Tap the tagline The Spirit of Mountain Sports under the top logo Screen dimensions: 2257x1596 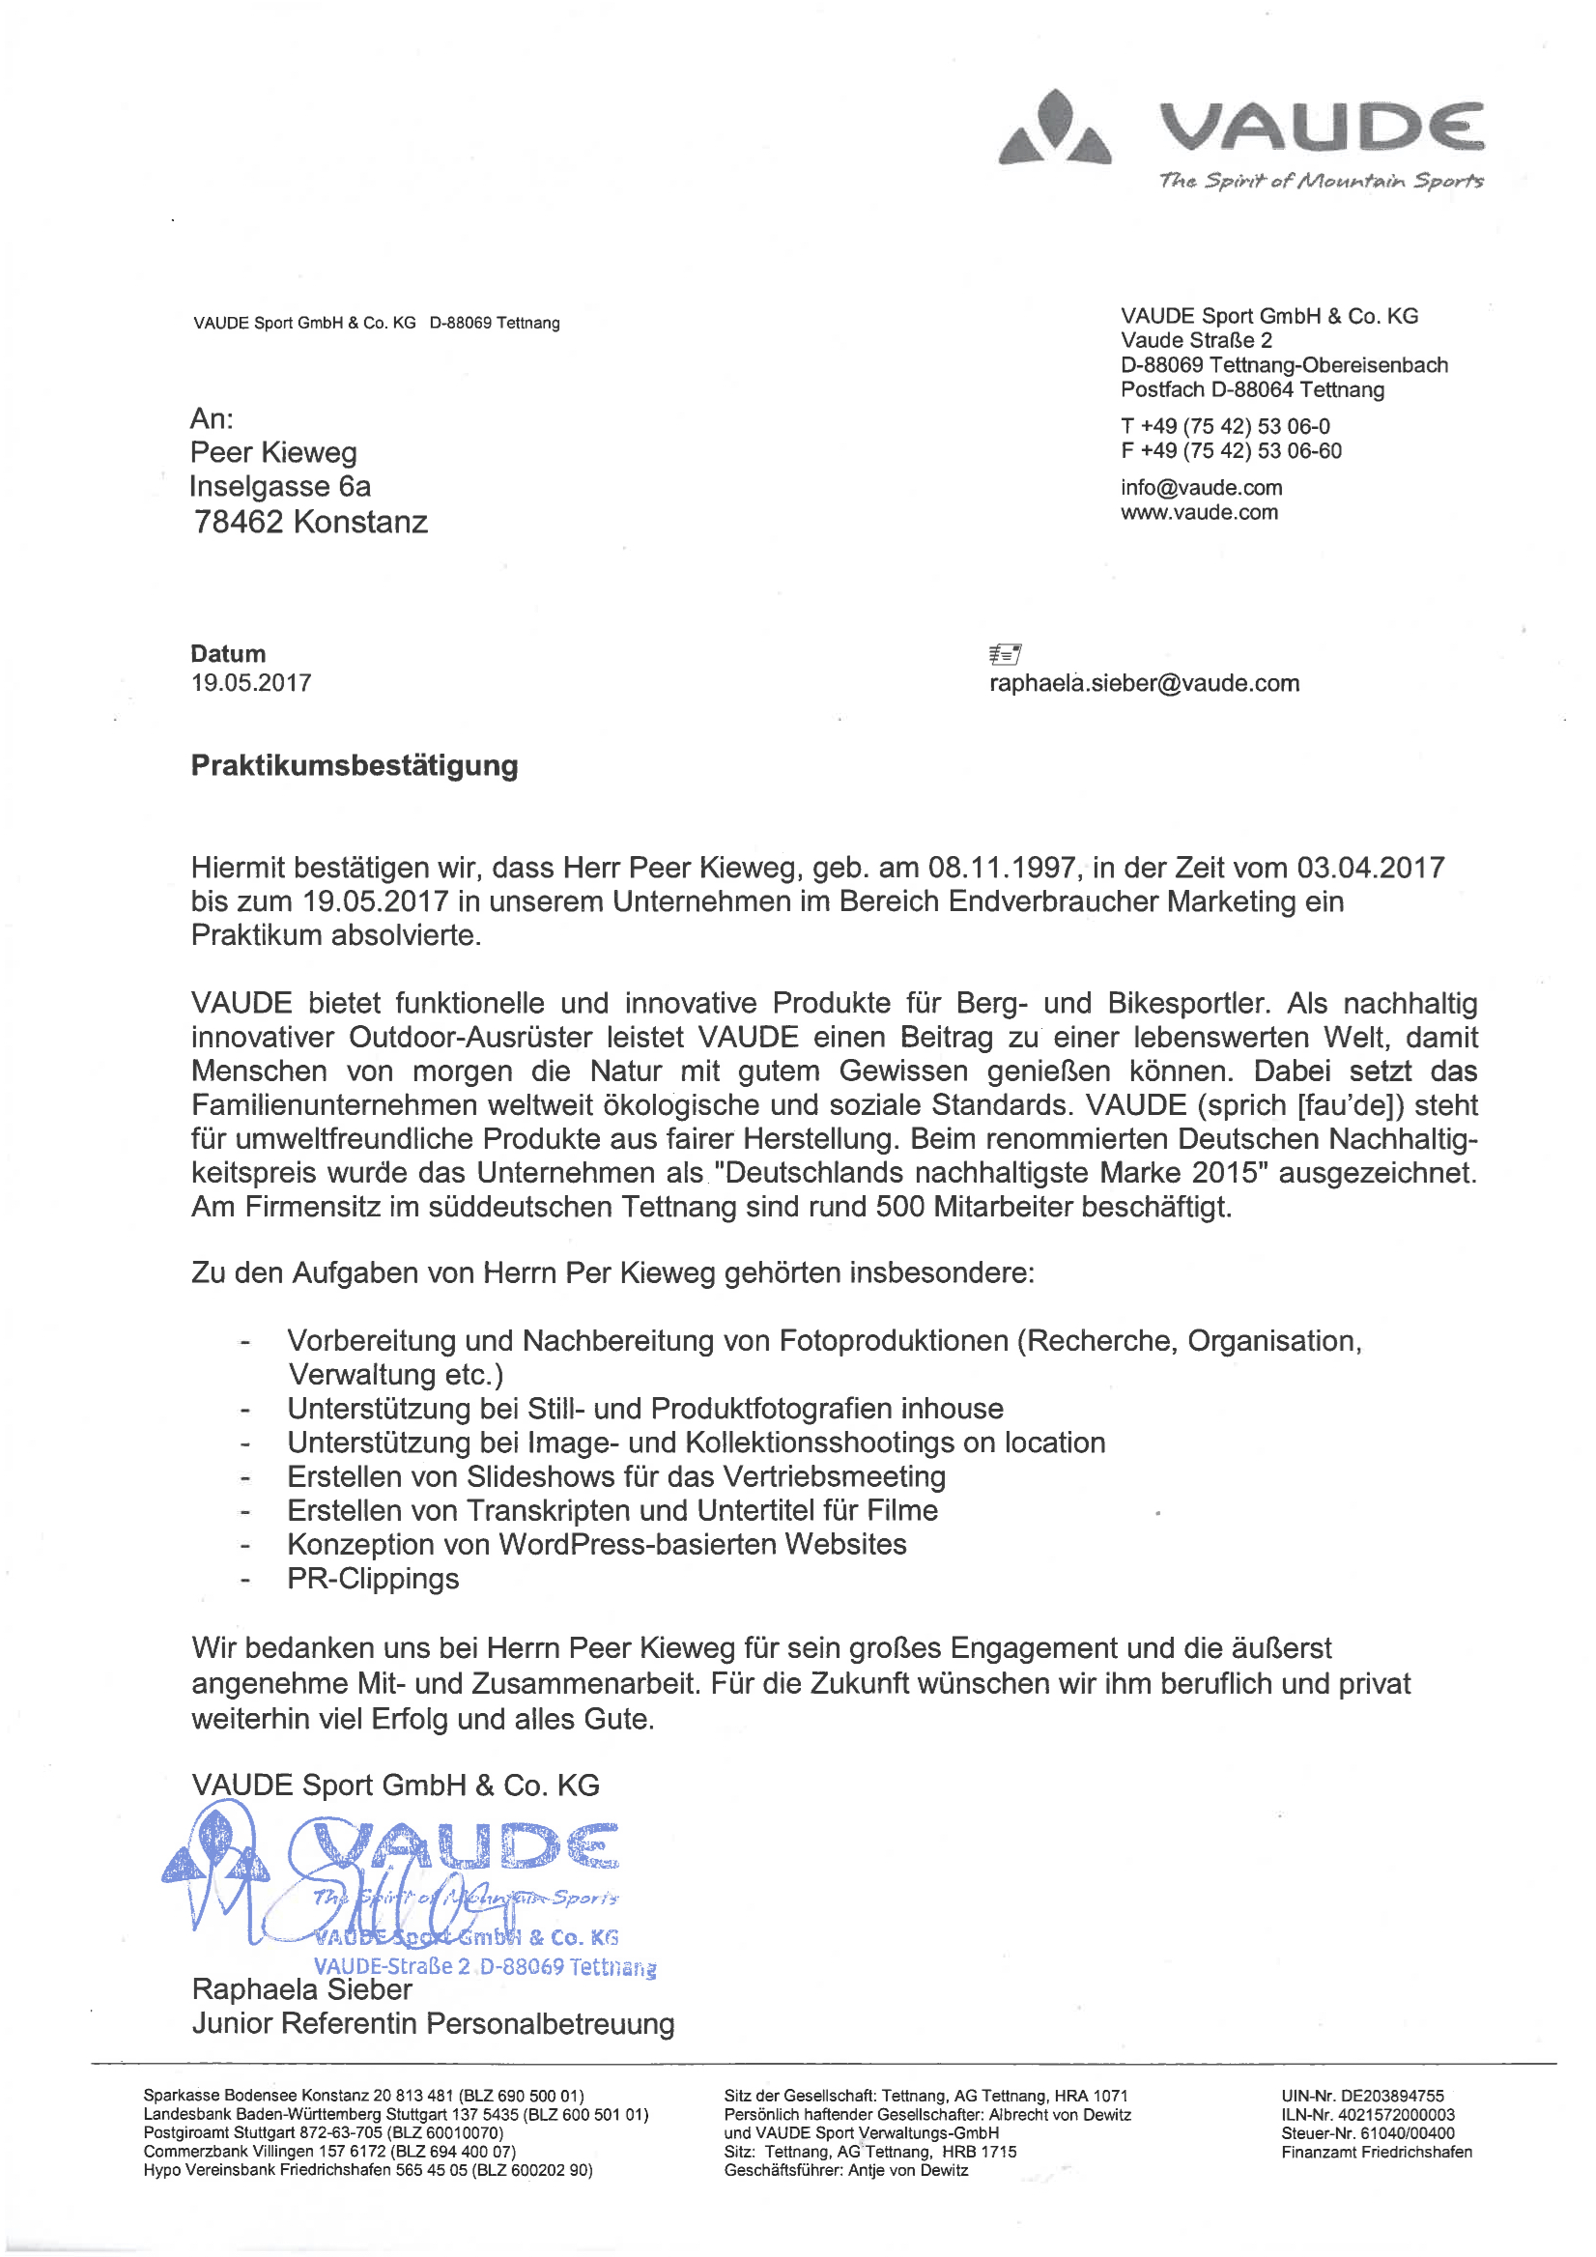point(1321,181)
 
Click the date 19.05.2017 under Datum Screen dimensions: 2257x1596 point(250,682)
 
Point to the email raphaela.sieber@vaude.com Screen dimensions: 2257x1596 point(1144,683)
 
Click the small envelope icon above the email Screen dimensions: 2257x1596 point(1005,654)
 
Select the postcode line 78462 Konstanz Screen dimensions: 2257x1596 point(310,521)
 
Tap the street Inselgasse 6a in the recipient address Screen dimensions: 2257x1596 point(280,487)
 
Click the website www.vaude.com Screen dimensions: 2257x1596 point(1199,512)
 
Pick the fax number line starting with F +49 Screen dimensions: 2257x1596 point(1231,451)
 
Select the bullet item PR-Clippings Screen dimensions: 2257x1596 point(373,1578)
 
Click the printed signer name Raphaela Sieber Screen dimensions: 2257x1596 point(301,1989)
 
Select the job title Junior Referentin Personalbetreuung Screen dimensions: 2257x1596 point(433,2024)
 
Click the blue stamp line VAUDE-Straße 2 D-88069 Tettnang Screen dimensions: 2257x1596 point(485,1966)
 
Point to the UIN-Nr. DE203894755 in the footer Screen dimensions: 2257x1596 point(1362,2096)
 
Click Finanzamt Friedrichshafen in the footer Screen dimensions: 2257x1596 point(1376,2152)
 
